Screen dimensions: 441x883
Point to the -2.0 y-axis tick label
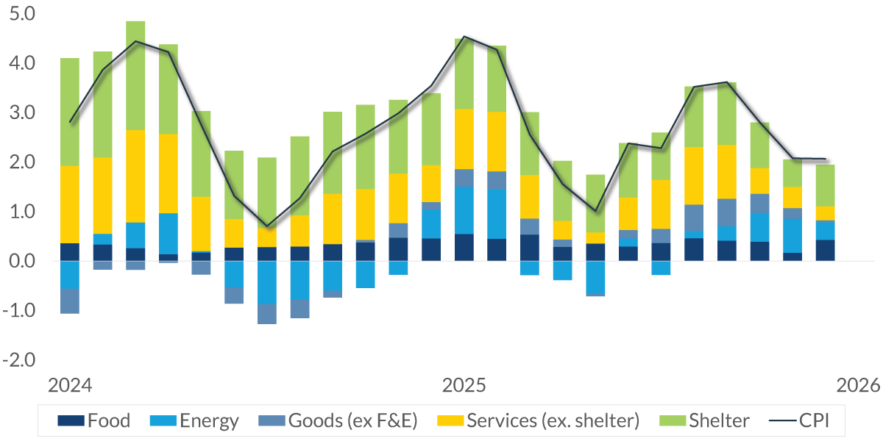pyautogui.click(x=23, y=360)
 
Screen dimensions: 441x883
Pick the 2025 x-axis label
pyautogui.click(x=464, y=386)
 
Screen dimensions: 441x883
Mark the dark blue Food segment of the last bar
pyautogui.click(x=825, y=251)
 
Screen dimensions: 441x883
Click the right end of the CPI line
pyautogui.click(x=825, y=159)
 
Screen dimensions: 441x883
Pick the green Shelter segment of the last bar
pyautogui.click(x=825, y=185)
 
